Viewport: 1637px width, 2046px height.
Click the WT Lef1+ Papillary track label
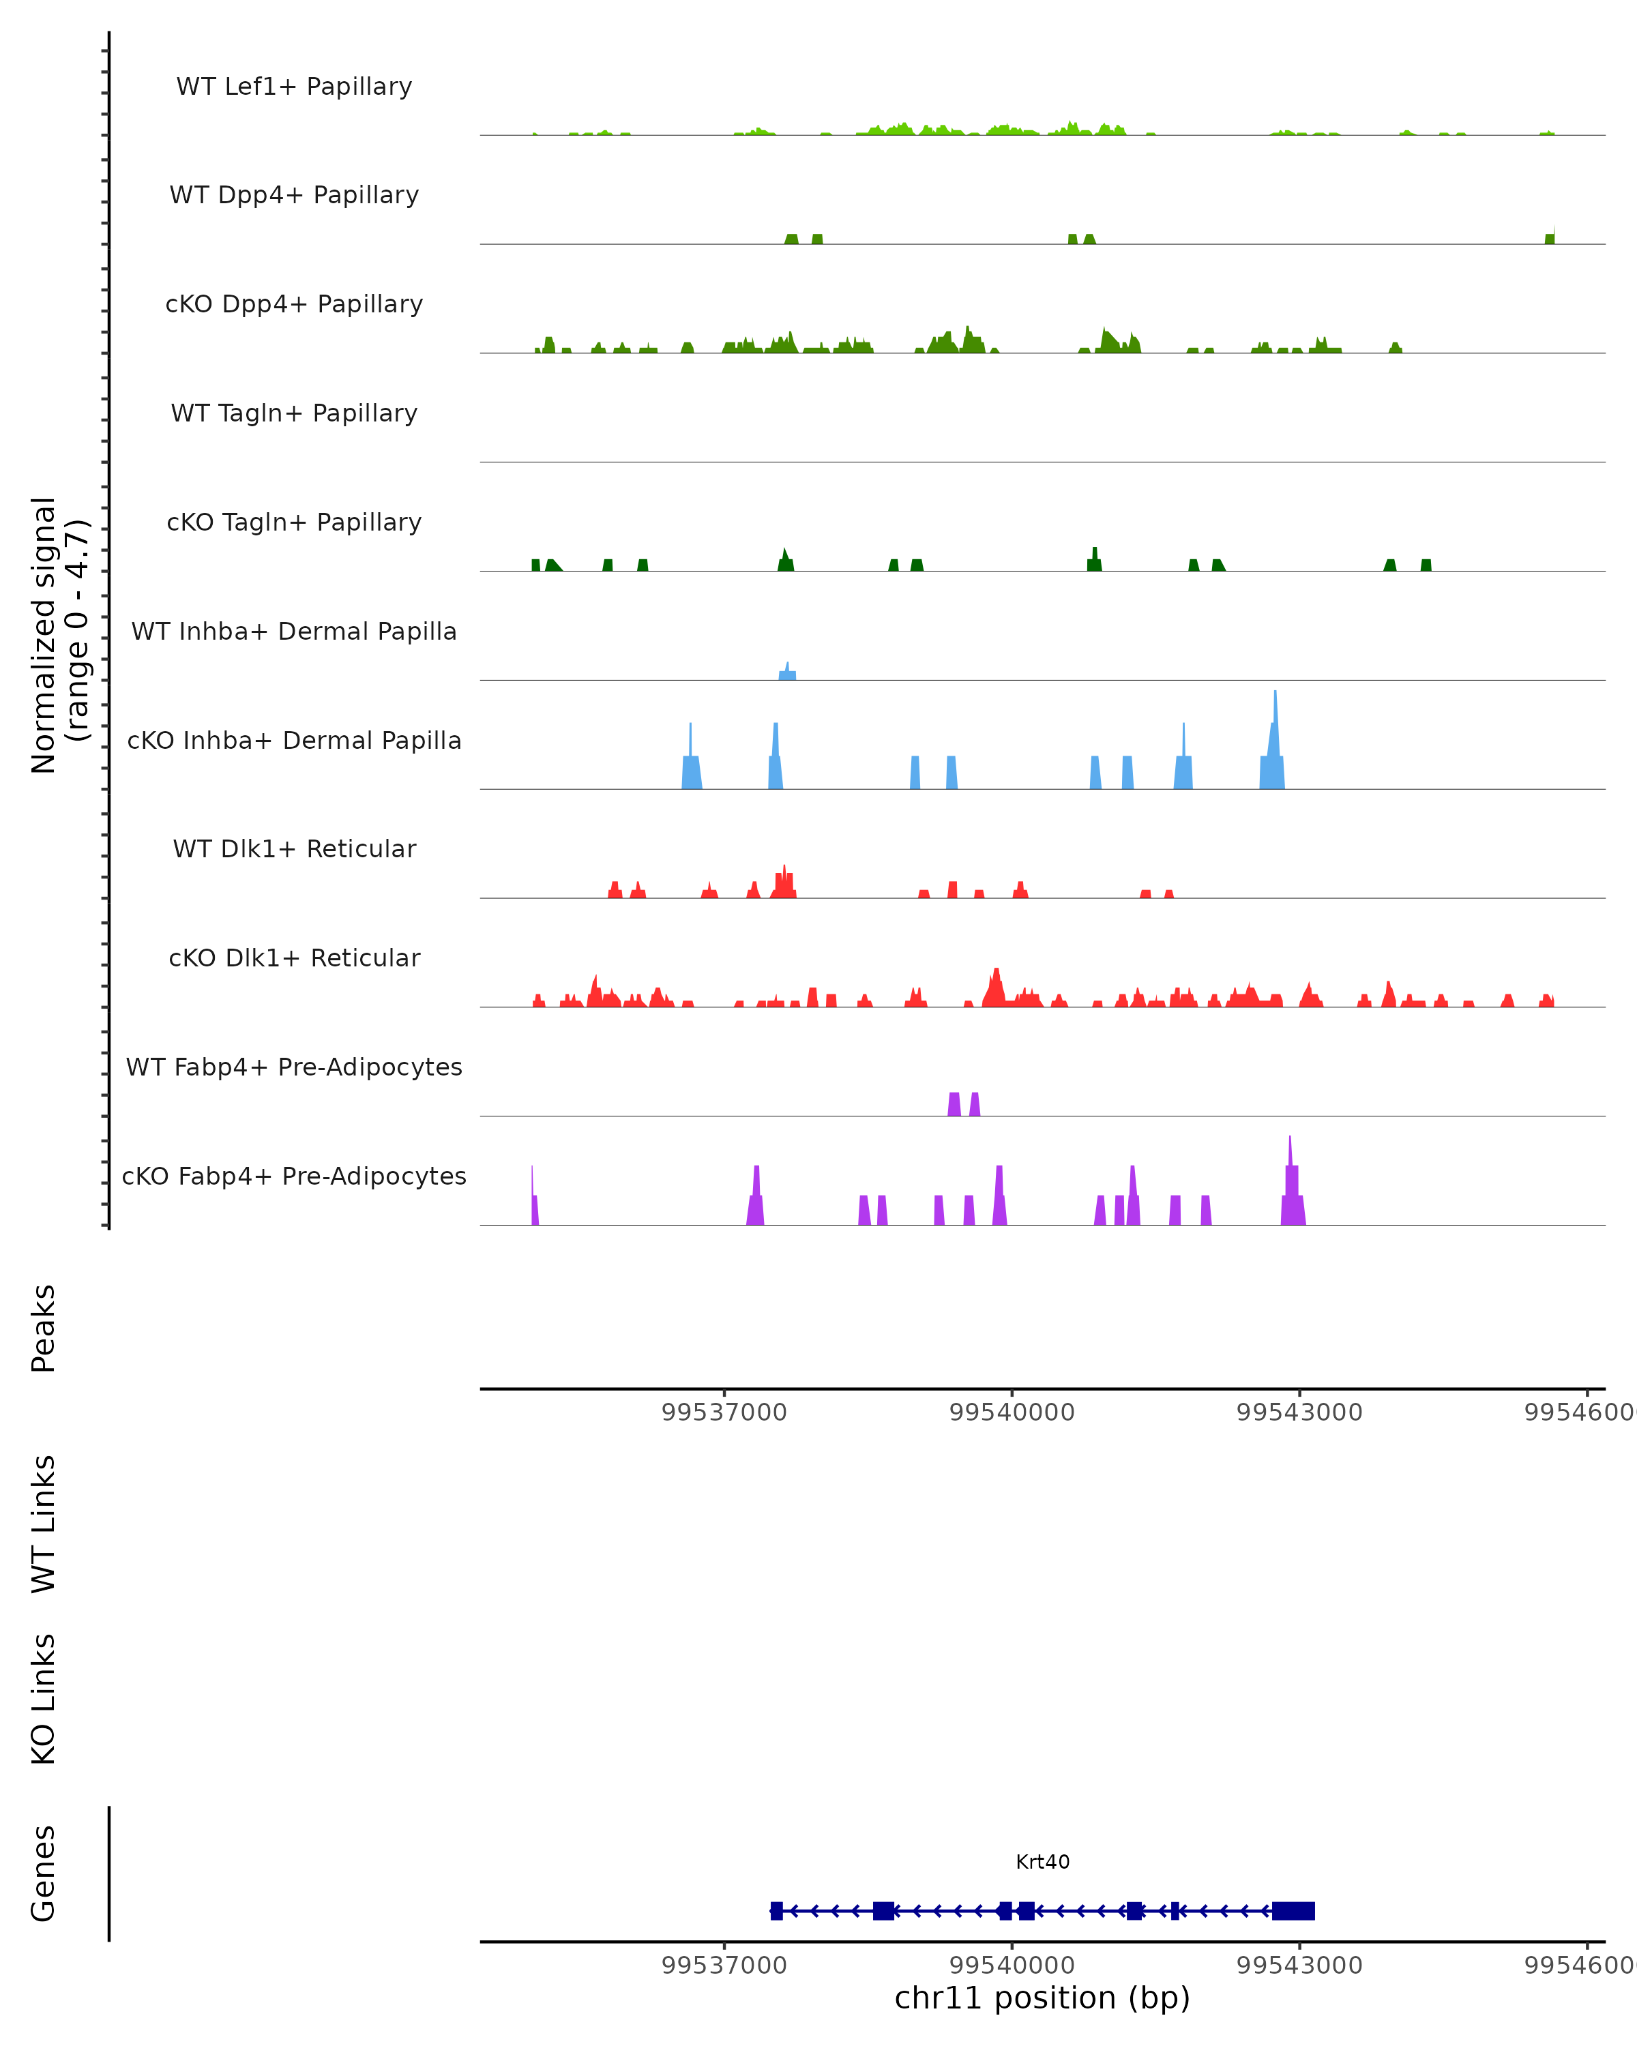[x=294, y=87]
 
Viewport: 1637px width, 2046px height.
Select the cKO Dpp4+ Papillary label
[x=294, y=305]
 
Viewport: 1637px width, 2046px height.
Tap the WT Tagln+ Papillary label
[x=294, y=414]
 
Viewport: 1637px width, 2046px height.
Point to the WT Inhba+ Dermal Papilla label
[x=294, y=632]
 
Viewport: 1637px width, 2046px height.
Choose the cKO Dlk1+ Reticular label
[x=294, y=958]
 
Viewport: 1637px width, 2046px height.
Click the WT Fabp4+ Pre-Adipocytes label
[x=294, y=1067]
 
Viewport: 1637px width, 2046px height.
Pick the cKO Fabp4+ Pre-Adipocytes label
[x=294, y=1176]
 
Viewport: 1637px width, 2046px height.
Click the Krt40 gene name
[x=1042, y=1863]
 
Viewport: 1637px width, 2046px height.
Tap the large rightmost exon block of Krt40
[x=1293, y=1911]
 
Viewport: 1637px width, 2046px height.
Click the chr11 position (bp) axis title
[x=1042, y=1998]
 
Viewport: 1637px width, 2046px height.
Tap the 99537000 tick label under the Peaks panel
[x=724, y=1412]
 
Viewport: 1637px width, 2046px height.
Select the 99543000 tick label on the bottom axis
[x=1299, y=1966]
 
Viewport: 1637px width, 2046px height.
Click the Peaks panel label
[x=44, y=1329]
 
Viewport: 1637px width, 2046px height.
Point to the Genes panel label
[x=44, y=1873]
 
